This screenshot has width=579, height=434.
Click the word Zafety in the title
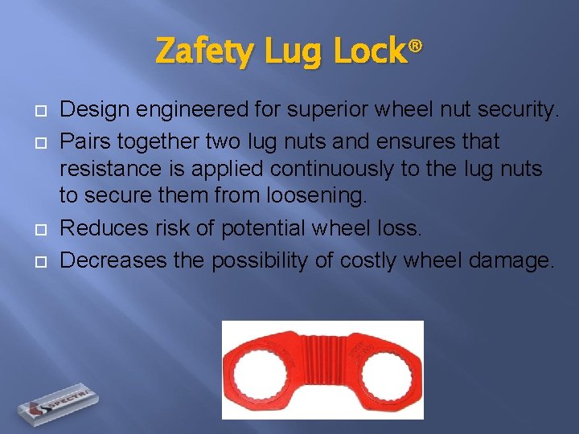pos(197,52)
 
